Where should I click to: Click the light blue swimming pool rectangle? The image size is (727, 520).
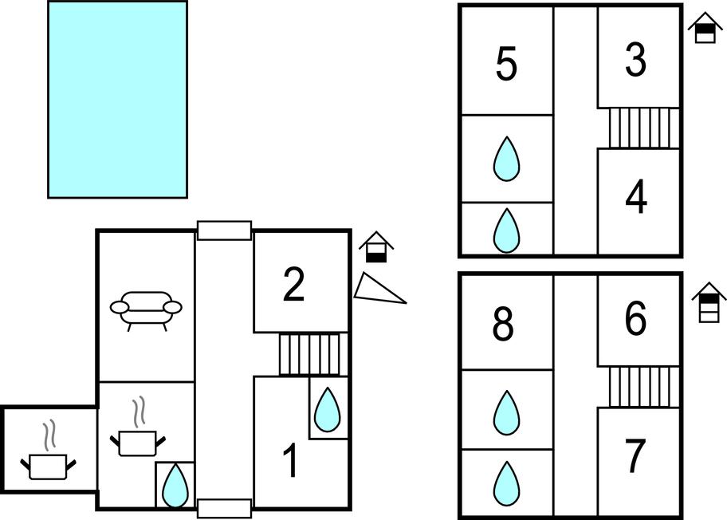point(117,99)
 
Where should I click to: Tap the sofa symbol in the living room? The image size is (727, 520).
point(146,309)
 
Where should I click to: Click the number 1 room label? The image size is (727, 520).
point(292,462)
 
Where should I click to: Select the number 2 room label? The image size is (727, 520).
point(294,285)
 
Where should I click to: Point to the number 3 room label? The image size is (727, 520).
point(635,60)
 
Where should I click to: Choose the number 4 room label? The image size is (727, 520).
point(636,199)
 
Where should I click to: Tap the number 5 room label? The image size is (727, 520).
point(506,65)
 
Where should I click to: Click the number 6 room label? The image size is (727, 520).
point(635,320)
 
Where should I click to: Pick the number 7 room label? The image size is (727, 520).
point(635,456)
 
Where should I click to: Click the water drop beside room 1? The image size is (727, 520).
point(328,410)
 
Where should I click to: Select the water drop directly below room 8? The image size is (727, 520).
point(505,413)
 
